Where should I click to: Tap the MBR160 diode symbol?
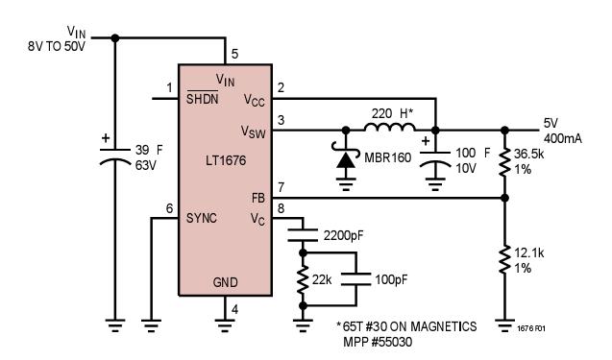[x=344, y=156]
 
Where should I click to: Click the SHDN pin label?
[x=202, y=99]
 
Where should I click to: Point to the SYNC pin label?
[x=203, y=218]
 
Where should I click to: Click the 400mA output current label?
[x=557, y=137]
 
